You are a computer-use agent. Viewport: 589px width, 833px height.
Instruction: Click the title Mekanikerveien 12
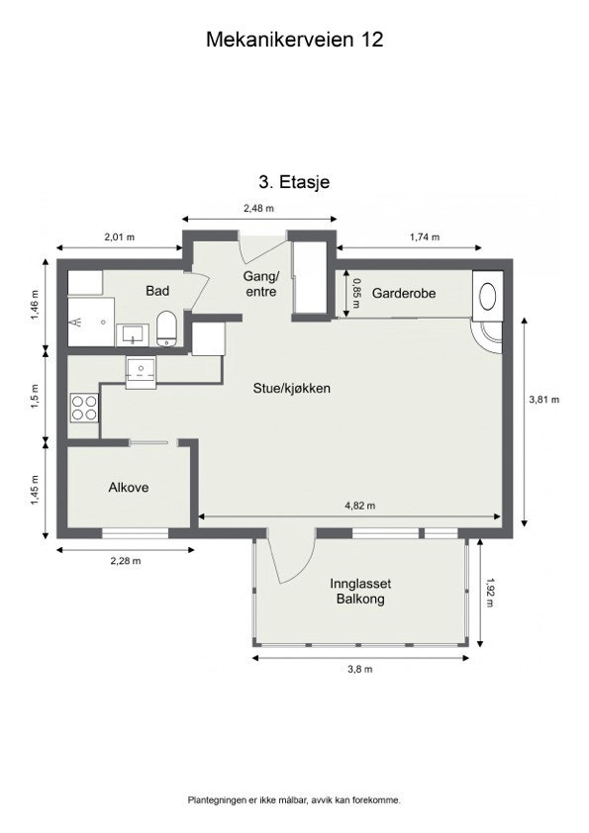(x=294, y=40)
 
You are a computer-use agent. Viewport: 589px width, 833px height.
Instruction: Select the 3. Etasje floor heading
(x=294, y=182)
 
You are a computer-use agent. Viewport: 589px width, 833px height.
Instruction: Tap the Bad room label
(x=157, y=291)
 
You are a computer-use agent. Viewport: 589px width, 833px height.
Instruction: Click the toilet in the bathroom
(x=167, y=328)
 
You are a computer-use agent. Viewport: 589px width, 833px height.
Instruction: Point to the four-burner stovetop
(x=84, y=407)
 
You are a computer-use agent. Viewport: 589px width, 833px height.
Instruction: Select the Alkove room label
(x=129, y=487)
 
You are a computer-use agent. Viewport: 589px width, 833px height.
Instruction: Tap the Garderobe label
(x=404, y=294)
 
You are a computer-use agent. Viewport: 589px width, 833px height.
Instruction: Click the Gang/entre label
(x=262, y=284)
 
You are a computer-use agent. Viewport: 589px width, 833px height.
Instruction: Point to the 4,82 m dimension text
(x=359, y=506)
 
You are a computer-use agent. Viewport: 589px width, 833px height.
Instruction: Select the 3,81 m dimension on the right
(x=544, y=400)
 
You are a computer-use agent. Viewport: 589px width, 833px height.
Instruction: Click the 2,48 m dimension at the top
(x=258, y=208)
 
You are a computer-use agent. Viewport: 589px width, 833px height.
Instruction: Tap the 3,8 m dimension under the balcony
(x=360, y=670)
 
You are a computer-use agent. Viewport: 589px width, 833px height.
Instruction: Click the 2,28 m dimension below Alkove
(x=125, y=561)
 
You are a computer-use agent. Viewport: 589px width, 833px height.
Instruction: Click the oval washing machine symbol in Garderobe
(x=487, y=295)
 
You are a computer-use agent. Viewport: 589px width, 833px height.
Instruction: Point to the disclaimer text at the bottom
(x=294, y=799)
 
